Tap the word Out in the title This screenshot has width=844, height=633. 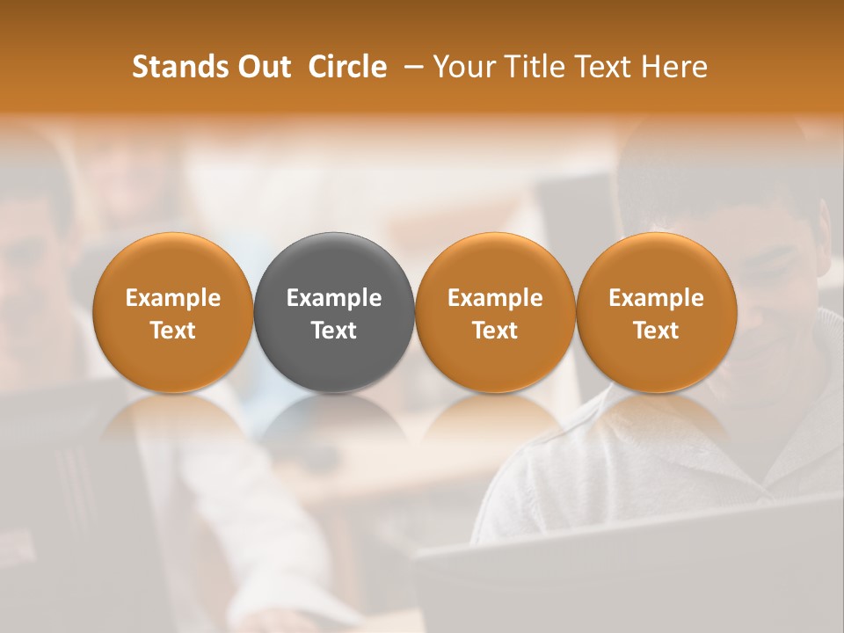click(x=262, y=67)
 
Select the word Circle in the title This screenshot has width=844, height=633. click(x=347, y=67)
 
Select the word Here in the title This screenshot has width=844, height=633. click(x=674, y=67)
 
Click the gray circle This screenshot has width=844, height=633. click(x=334, y=264)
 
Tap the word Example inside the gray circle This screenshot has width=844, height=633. click(x=334, y=298)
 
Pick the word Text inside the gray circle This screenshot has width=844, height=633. click(x=334, y=331)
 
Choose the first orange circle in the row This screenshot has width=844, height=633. click(x=172, y=264)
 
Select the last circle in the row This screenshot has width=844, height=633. click(x=657, y=264)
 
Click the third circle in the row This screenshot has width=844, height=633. click(x=495, y=264)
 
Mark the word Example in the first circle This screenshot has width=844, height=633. click(x=172, y=298)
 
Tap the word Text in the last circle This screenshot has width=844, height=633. click(x=657, y=331)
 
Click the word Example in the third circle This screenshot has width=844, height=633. click(x=495, y=298)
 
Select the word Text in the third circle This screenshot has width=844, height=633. click(x=495, y=331)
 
